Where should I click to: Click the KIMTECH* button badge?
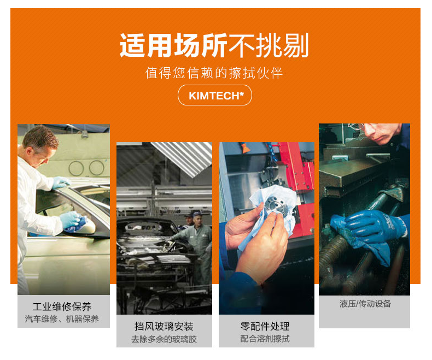coord(215,96)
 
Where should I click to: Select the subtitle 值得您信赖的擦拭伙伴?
coord(214,73)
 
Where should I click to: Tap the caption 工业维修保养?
coord(62,306)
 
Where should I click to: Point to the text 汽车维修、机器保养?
coord(62,319)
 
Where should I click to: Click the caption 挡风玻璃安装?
coord(164,326)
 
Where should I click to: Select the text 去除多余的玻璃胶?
coord(164,339)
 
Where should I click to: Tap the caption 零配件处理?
coord(265,326)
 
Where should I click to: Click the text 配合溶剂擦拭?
coord(265,339)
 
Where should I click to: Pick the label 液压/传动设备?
coord(365,304)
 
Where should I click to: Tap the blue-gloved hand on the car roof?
coord(61,183)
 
